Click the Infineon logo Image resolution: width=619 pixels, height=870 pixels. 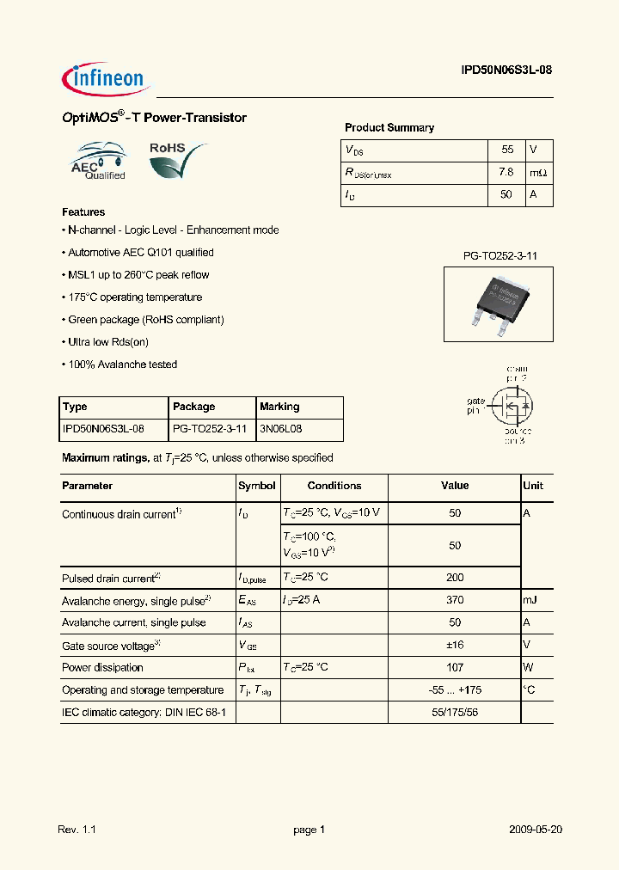[x=107, y=80]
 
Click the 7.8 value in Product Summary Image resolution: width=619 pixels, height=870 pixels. [x=506, y=172]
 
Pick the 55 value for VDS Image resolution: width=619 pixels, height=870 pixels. [x=507, y=150]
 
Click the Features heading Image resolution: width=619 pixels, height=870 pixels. [x=83, y=212]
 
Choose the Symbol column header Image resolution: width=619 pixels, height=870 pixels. [x=257, y=486]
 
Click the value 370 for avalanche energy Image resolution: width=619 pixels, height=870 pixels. [x=455, y=600]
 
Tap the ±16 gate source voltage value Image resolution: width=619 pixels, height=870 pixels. [x=455, y=645]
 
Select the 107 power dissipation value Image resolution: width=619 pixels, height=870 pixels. [x=455, y=667]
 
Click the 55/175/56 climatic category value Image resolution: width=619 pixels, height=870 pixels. [x=455, y=713]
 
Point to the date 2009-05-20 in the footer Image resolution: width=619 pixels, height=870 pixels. [x=535, y=830]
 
